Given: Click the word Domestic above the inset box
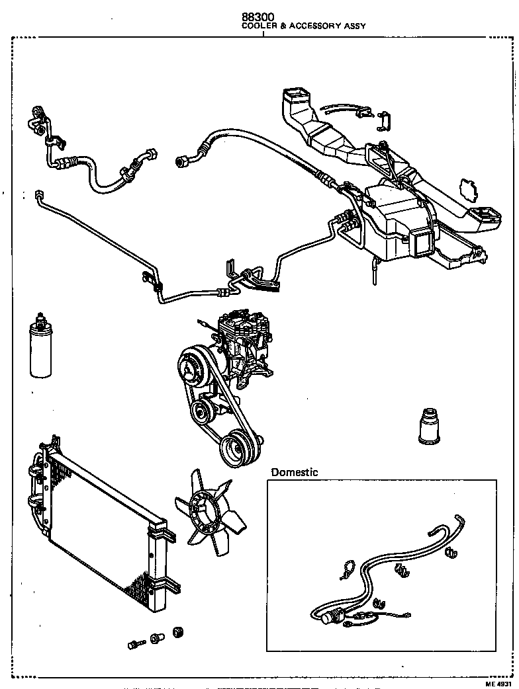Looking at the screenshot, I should (x=295, y=472).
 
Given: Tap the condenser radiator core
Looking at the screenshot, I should (x=99, y=522).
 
